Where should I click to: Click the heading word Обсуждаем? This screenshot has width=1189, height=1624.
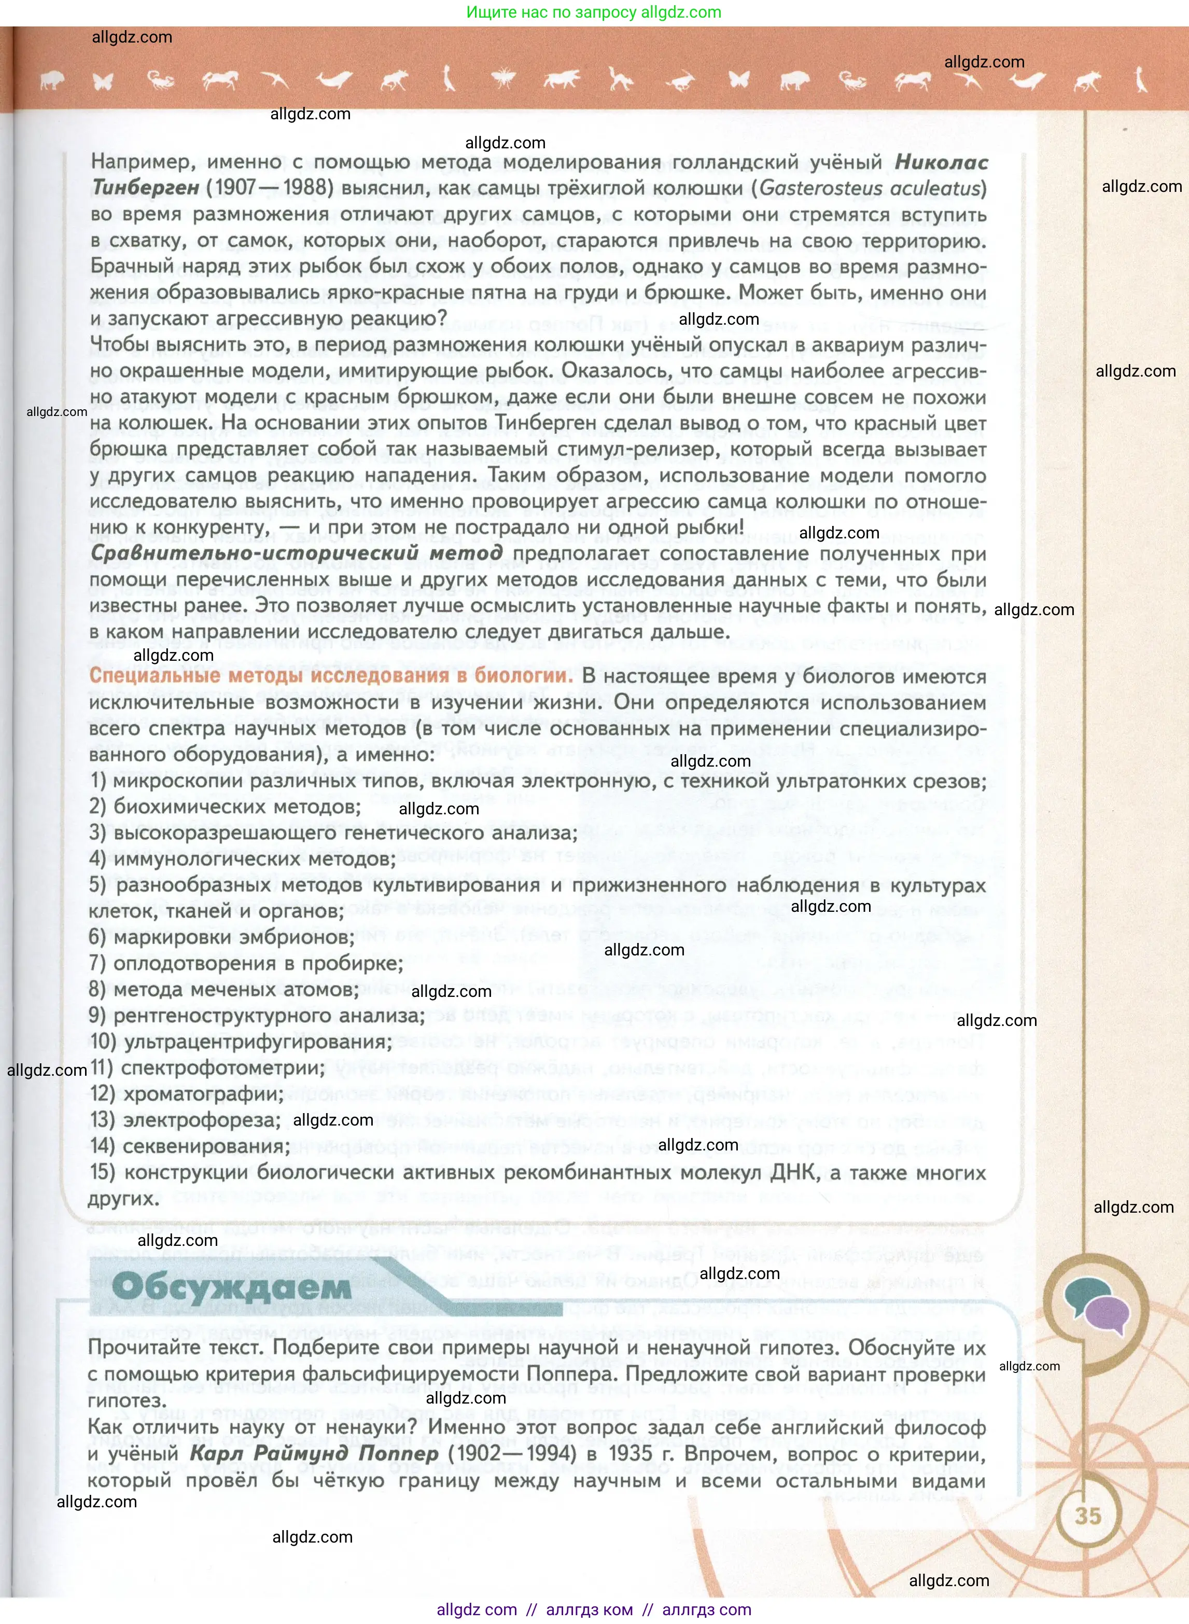(232, 1287)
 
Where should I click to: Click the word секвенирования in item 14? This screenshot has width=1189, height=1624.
(206, 1146)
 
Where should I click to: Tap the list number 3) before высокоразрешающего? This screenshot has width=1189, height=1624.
(98, 833)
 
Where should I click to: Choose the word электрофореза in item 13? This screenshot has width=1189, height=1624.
(202, 1120)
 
